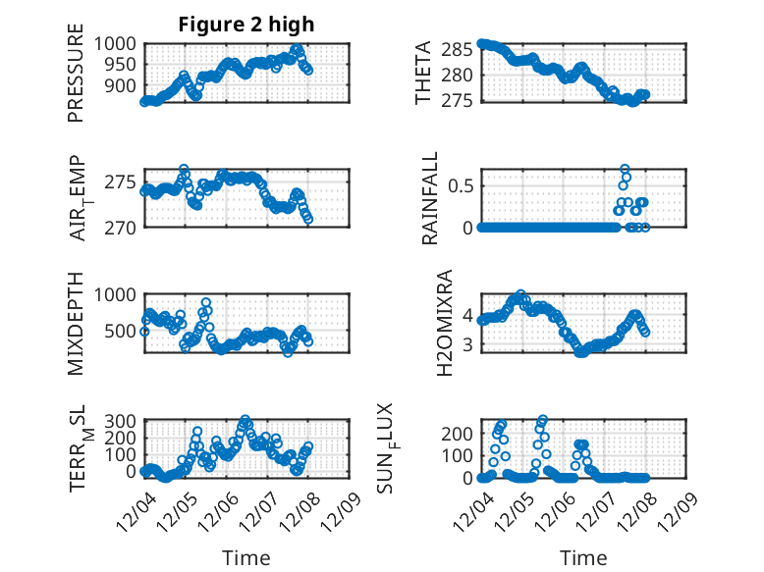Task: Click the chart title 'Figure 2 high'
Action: (246, 25)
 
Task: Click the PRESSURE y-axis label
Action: (76, 79)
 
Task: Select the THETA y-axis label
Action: (423, 74)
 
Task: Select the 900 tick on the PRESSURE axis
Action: (124, 86)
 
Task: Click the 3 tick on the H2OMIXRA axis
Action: (468, 344)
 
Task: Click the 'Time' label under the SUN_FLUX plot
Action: (583, 557)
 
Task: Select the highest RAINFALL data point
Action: (625, 169)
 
